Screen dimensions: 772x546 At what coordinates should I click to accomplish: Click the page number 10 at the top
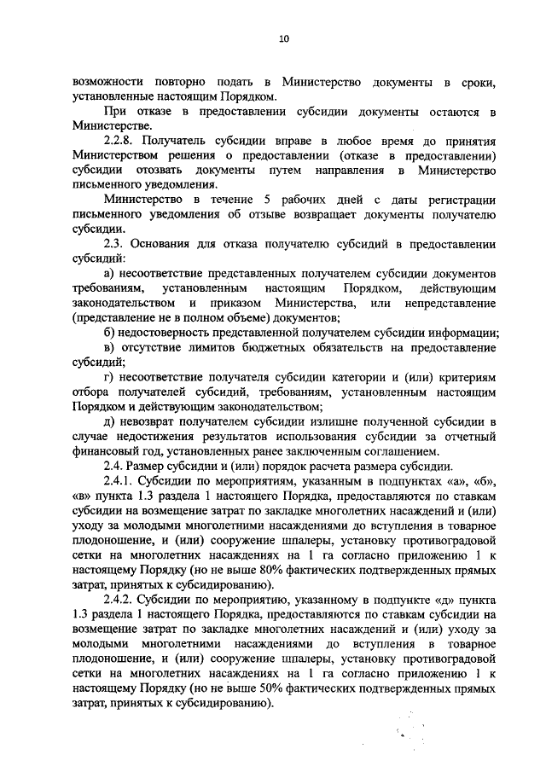(284, 39)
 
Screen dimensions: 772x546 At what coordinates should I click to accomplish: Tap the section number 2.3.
(112, 245)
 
